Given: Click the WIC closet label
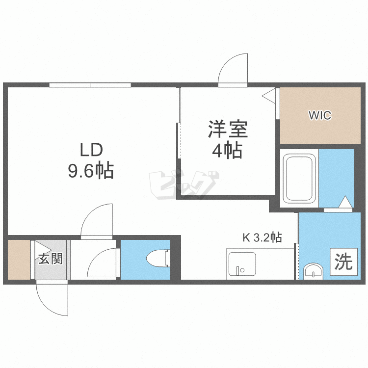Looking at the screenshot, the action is point(320,115).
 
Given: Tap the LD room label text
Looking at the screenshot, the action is point(91,150).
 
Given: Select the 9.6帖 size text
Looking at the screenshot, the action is point(91,170).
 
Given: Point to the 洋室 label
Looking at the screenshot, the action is point(228,129).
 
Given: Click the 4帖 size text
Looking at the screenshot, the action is point(227,150).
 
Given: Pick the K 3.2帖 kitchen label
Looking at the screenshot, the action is point(262,237).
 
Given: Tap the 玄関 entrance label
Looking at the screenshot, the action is point(51,259).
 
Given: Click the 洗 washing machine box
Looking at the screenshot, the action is point(344,262).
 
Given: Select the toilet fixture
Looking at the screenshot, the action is point(158,259).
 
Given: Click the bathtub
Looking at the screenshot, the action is point(299,179).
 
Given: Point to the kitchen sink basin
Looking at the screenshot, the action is point(242,264).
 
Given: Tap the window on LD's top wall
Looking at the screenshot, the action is point(90,85).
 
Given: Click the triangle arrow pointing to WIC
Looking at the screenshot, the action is point(269,96).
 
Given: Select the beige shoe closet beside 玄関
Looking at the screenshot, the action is point(19,260).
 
